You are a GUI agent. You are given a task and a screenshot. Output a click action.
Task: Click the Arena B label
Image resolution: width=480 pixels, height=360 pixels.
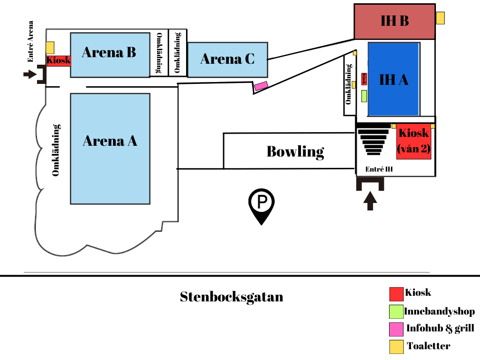[109, 52]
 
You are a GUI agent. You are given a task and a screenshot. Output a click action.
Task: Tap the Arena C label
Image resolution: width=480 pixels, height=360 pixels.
[227, 59]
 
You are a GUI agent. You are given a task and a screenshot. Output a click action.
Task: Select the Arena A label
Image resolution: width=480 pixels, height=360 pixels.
[110, 141]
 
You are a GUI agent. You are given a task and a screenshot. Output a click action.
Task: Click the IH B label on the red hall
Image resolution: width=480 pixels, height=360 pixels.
[395, 21]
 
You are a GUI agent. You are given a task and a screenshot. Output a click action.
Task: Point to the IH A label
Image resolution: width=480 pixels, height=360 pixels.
[394, 80]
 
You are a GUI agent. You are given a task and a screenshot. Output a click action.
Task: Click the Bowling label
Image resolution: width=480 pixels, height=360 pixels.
[295, 151]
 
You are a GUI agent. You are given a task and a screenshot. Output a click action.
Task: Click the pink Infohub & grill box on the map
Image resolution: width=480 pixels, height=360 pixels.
[261, 86]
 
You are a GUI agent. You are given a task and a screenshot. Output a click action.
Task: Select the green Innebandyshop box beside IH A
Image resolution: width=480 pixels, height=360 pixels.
[364, 96]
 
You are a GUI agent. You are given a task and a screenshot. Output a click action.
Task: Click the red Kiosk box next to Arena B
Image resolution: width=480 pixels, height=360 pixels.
[59, 60]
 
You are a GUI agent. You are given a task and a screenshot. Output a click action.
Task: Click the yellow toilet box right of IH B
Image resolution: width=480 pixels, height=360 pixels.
[440, 18]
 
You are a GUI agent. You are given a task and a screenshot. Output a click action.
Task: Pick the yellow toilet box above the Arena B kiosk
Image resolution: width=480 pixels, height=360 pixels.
[50, 48]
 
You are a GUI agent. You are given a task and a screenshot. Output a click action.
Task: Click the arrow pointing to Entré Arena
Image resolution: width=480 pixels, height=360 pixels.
[30, 74]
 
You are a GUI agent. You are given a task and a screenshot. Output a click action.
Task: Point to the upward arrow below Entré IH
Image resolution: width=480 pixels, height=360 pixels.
[370, 201]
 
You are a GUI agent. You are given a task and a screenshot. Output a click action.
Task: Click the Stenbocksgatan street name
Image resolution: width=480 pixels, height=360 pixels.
[232, 297]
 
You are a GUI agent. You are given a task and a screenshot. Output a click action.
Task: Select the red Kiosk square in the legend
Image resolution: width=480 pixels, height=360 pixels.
[396, 294]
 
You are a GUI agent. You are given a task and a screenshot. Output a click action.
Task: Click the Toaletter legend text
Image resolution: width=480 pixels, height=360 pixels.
[428, 346]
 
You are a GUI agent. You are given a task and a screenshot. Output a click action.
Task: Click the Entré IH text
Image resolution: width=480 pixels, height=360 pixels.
[379, 169]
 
